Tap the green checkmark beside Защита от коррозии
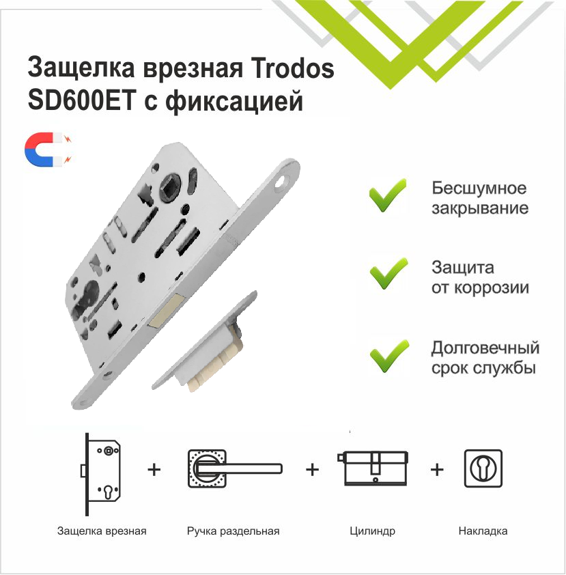click(x=388, y=275)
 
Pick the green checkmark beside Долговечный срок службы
click(x=388, y=356)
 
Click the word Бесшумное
click(x=479, y=188)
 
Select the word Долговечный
click(x=485, y=348)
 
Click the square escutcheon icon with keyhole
click(x=483, y=468)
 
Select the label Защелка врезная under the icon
click(x=102, y=531)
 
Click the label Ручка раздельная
click(x=233, y=531)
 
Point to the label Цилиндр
click(x=372, y=531)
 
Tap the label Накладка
click(x=483, y=531)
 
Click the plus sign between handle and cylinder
click(x=312, y=470)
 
